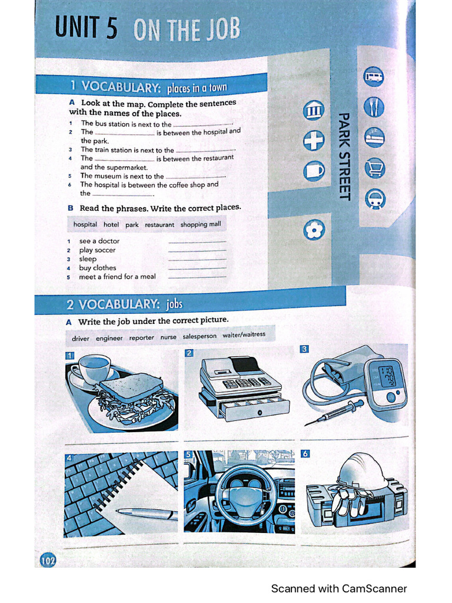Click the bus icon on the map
coord(374,75)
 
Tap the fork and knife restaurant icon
coord(374,107)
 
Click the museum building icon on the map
coord(314,110)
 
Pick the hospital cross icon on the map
coord(314,141)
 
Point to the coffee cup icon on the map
coord(314,171)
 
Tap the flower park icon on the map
coord(314,229)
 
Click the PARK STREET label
coord(345,156)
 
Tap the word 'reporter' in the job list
coord(141,337)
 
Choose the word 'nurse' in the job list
coord(168,337)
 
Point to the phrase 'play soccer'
coord(97,250)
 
